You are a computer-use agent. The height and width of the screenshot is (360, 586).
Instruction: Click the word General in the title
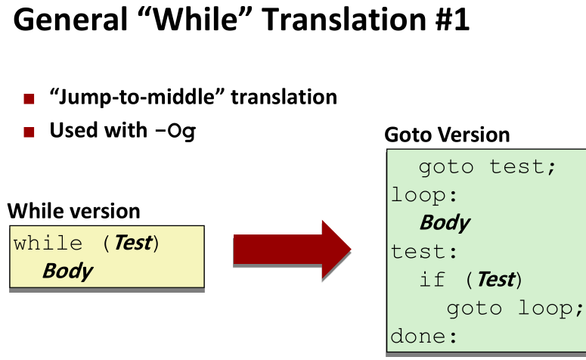70,20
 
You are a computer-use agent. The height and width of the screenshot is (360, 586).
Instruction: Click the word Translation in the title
344,20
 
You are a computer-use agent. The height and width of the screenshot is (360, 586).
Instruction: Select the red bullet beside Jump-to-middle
29,98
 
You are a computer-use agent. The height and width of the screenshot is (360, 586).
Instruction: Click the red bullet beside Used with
29,132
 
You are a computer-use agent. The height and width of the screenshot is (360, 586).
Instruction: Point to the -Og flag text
175,131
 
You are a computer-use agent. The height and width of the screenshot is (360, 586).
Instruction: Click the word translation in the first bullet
284,97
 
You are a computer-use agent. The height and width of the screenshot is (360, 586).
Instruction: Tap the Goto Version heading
447,135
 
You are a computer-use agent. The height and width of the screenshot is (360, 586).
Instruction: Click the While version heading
73,211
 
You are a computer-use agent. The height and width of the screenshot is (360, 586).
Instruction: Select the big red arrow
292,250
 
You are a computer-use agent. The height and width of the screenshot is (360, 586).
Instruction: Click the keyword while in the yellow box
48,244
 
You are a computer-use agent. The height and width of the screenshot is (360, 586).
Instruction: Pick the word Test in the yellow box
133,243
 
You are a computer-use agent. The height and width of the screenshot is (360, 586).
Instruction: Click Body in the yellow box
67,271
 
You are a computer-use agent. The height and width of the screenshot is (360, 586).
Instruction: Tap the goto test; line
488,166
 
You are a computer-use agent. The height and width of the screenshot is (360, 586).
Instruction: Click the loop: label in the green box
424,195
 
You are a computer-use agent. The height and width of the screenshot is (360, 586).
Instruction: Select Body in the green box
445,223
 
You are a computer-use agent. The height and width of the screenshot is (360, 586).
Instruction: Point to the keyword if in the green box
433,279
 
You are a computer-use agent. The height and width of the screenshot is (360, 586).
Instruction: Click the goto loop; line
515,309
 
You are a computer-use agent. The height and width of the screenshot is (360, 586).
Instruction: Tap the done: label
424,336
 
